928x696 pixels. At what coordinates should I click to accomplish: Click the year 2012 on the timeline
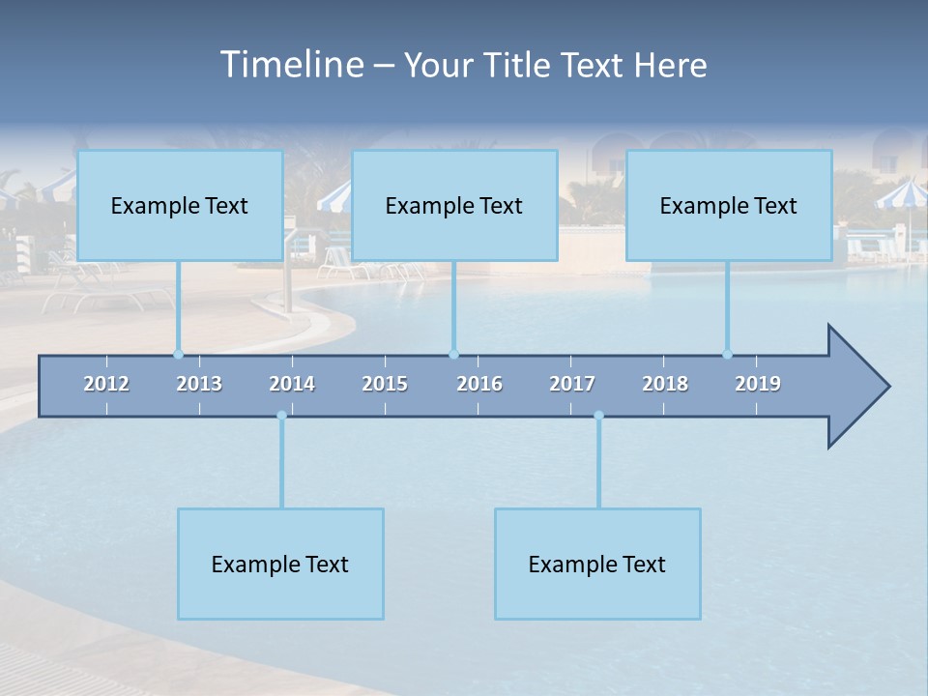(x=106, y=384)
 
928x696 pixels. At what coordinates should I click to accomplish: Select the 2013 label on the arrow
(x=199, y=384)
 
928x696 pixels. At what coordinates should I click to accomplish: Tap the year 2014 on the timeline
(x=292, y=384)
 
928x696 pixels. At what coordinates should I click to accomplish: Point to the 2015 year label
(x=385, y=384)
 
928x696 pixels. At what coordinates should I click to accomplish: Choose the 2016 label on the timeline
(x=479, y=384)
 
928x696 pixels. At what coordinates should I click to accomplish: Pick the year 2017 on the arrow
(x=572, y=384)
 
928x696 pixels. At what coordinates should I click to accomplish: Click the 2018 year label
(x=665, y=384)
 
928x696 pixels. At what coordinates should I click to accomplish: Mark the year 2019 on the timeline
(x=758, y=384)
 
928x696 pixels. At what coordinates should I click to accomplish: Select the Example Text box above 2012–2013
(x=180, y=205)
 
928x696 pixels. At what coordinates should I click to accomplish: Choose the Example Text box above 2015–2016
(x=454, y=205)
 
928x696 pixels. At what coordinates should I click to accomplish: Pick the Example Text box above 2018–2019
(x=729, y=205)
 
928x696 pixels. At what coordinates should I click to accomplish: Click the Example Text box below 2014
(x=280, y=564)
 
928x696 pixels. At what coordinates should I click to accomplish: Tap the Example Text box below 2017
(x=597, y=564)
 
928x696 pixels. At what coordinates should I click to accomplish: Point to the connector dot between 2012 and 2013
(x=178, y=354)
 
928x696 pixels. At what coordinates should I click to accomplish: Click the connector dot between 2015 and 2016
(x=453, y=354)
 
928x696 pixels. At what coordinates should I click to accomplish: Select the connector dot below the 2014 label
(x=281, y=416)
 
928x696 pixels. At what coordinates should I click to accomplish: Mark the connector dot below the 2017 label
(x=598, y=416)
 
